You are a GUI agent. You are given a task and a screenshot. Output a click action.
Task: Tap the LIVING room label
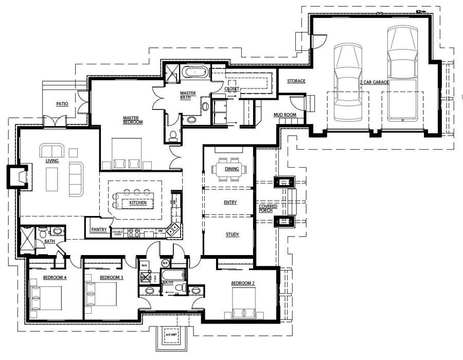pyautogui.click(x=52, y=161)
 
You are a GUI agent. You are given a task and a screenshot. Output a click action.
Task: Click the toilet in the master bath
pyautogui.click(x=173, y=135)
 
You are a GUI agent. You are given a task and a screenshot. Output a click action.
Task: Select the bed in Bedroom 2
pyautogui.click(x=244, y=302)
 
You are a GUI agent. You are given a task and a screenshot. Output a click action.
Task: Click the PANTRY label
pyautogui.click(x=98, y=230)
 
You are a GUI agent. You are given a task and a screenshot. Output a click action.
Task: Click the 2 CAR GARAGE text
pyautogui.click(x=374, y=82)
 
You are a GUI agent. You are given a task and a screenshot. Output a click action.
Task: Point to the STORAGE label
pyautogui.click(x=296, y=81)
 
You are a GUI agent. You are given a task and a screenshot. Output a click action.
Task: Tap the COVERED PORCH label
pyautogui.click(x=268, y=208)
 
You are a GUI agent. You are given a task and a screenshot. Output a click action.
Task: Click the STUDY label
pyautogui.click(x=232, y=235)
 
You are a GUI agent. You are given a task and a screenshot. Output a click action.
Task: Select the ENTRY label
pyautogui.click(x=230, y=202)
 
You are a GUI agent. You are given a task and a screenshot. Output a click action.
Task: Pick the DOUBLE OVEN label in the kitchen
pyautogui.click(x=118, y=233)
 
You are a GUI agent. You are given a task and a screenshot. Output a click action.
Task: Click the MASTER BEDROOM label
pyautogui.click(x=132, y=120)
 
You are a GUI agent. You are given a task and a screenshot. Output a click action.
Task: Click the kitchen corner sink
pyautogui.click(x=173, y=228)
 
